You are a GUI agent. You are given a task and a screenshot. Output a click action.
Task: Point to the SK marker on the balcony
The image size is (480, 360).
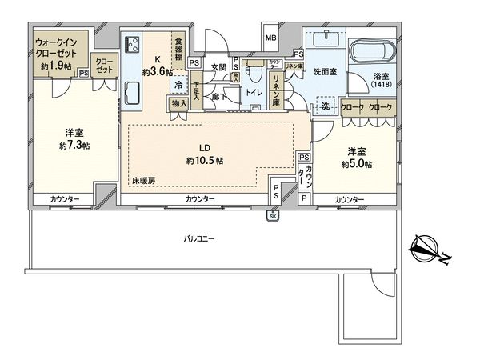pos(272,216)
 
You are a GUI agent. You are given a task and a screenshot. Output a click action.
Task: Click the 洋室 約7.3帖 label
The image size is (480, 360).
pos(74,139)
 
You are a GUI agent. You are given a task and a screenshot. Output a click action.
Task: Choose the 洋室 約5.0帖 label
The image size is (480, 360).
pos(356,157)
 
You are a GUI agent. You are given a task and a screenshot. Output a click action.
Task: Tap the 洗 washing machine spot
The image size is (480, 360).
pos(325,105)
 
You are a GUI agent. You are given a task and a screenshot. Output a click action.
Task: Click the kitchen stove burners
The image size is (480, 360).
pos(132,44)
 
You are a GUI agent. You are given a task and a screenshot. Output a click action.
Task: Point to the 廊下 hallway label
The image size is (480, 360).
pos(219,96)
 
